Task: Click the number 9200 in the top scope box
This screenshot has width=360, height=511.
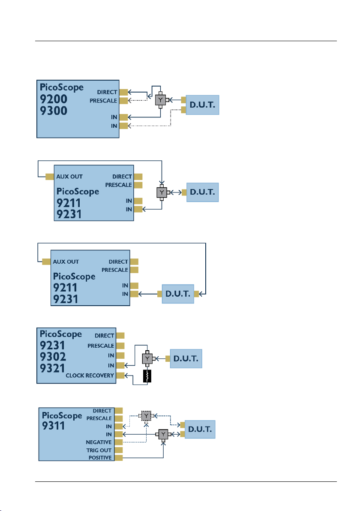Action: click(x=54, y=99)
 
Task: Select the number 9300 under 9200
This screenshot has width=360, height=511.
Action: click(x=54, y=111)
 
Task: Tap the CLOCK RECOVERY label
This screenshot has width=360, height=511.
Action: click(x=90, y=376)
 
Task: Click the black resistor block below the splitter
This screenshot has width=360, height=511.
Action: click(x=147, y=376)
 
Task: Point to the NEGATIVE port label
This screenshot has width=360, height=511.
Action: click(x=99, y=442)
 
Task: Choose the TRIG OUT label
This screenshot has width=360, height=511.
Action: click(x=99, y=450)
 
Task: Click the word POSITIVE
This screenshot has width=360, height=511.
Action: click(x=100, y=457)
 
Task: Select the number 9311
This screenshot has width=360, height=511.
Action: click(x=54, y=426)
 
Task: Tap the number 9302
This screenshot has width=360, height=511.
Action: click(x=53, y=357)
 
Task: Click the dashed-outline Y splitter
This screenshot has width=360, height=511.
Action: click(x=146, y=416)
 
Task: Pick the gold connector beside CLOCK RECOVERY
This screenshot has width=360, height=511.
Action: click(x=120, y=376)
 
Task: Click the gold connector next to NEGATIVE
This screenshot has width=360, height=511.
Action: click(x=119, y=442)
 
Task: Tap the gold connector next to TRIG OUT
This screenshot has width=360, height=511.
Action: click(x=119, y=450)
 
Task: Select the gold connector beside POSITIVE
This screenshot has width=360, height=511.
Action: click(x=119, y=457)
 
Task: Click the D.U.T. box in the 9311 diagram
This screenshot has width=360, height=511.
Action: click(x=200, y=429)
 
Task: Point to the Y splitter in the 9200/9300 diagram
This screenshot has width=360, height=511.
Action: click(x=160, y=100)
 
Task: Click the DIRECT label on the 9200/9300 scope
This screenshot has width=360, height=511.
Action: click(x=107, y=92)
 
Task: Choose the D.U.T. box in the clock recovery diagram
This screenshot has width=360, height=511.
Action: click(x=186, y=358)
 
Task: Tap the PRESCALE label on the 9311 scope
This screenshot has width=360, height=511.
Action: click(x=99, y=418)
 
